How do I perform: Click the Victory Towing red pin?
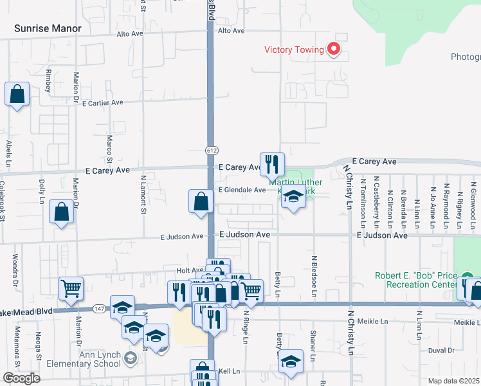(333, 49)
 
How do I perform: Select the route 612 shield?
(212, 150)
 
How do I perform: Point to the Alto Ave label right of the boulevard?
(231, 31)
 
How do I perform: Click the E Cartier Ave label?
(102, 102)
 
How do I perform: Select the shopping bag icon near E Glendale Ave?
(201, 201)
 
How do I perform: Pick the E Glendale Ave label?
(241, 190)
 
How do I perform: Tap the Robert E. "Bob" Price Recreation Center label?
(416, 280)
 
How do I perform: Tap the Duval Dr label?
(441, 351)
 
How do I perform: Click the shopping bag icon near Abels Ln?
(17, 94)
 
